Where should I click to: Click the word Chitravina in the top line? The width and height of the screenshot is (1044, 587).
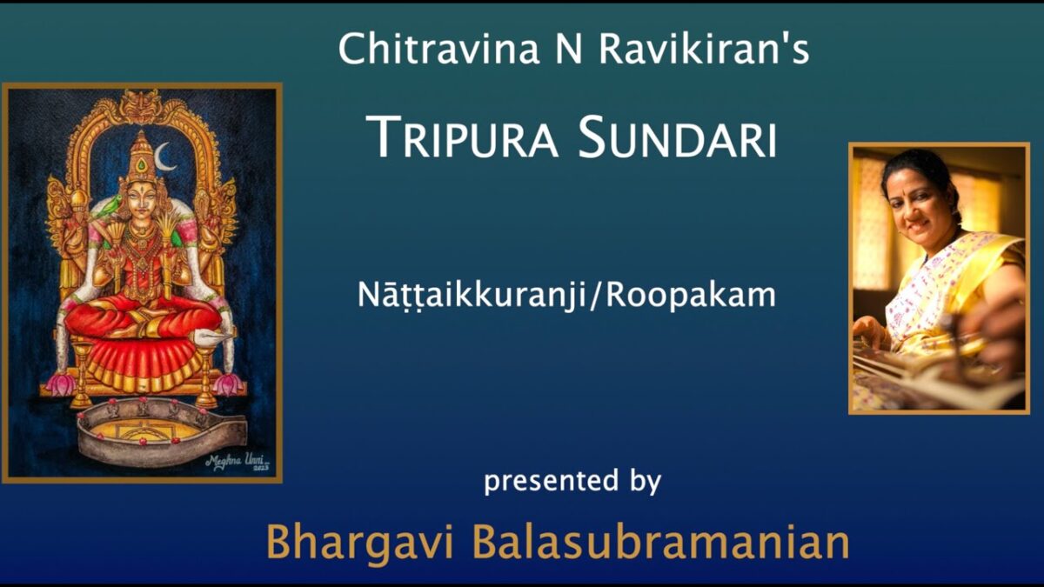pos(438,49)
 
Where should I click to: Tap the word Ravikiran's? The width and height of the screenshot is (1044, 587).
pos(704,49)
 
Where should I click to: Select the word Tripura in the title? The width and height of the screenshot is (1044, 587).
pos(462,137)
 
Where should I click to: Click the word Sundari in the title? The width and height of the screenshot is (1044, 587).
pos(678,137)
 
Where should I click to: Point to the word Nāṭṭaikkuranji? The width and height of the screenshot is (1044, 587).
pos(472,296)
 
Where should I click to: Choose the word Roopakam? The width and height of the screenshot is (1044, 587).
pos(691,295)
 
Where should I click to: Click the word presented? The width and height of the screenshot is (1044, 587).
pos(551,481)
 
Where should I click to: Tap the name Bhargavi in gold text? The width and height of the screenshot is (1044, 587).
pos(359,544)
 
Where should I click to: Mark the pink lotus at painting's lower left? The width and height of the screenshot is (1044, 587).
pos(60,384)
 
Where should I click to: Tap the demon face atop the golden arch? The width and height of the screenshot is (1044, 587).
pos(141,106)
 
